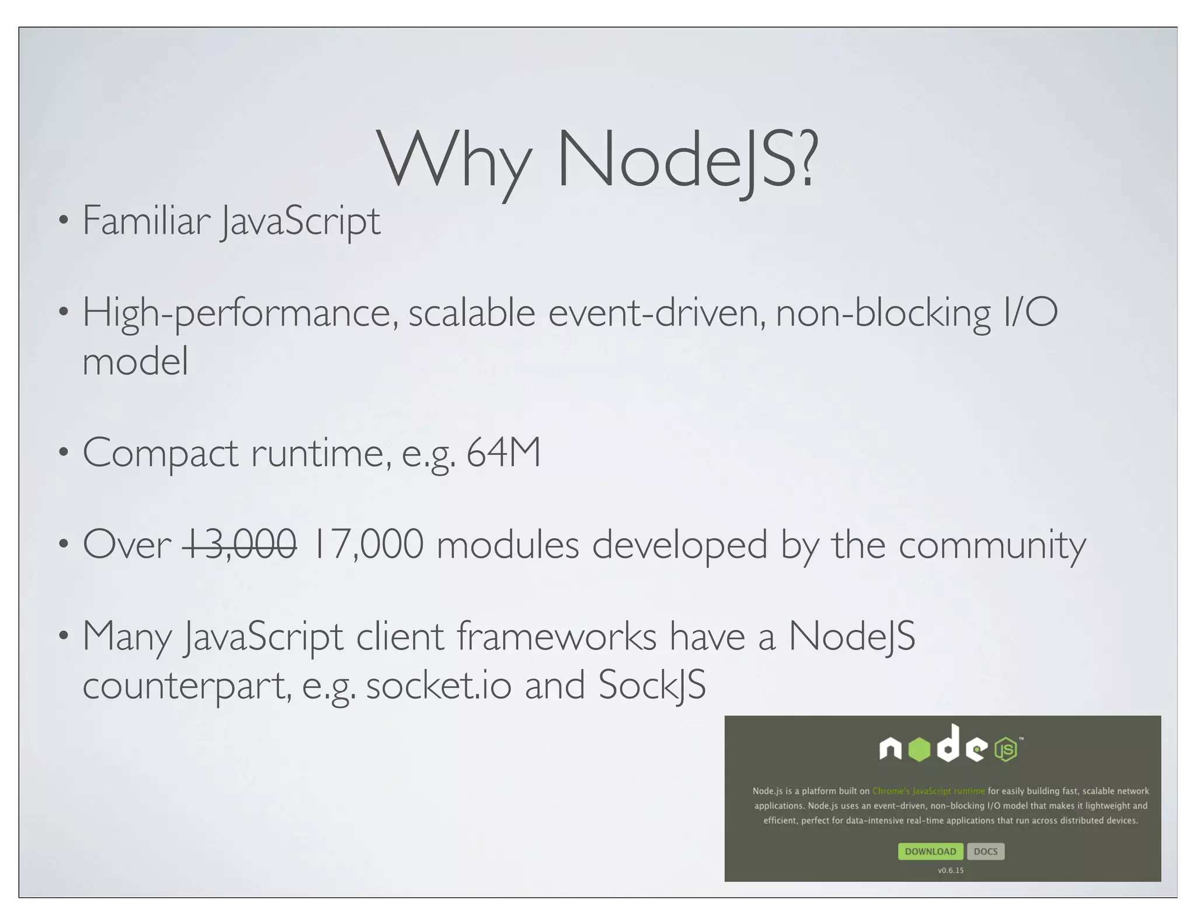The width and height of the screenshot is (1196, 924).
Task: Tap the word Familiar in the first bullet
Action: [x=146, y=221]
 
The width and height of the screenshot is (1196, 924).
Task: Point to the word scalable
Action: [x=471, y=313]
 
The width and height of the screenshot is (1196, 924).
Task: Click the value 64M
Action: [x=503, y=453]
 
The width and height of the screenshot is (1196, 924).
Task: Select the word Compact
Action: [x=160, y=453]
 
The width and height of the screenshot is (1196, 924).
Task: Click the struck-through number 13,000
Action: [x=239, y=544]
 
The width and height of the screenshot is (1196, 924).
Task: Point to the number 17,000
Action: [x=368, y=544]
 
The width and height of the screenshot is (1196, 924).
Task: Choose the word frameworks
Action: [x=556, y=636]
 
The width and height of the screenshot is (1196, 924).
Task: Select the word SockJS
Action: [x=652, y=685]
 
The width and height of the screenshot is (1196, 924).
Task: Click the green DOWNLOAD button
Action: [x=930, y=851]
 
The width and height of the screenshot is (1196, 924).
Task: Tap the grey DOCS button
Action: [x=986, y=851]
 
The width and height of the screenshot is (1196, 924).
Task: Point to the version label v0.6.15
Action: [x=951, y=870]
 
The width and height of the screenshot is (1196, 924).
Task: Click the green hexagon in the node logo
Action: [x=920, y=749]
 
